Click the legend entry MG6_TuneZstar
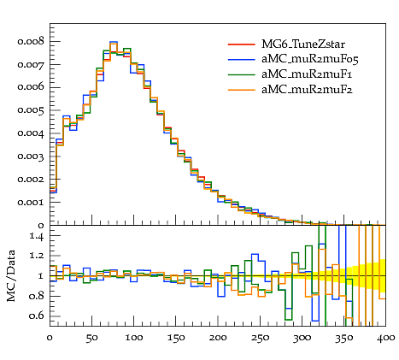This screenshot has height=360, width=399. coord(303,44)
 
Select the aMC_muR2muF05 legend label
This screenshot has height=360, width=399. coord(310,60)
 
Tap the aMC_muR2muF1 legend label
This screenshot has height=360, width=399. coord(307,74)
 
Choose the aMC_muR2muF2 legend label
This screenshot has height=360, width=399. coord(307,90)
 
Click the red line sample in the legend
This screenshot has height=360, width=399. coord(242,44)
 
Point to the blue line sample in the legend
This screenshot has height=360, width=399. coord(242,60)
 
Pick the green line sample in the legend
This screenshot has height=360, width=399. coord(242,74)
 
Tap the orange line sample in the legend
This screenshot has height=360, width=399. coord(242,90)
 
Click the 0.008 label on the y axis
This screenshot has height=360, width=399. coord(31,42)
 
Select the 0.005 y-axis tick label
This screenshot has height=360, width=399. coord(31,110)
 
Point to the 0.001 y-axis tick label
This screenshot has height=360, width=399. coord(31,203)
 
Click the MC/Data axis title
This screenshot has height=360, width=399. coord(11,276)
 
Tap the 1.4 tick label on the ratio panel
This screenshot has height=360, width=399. coord(37,237)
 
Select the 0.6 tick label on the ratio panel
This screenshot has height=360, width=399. coord(37,316)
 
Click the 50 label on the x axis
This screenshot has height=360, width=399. coord(91,338)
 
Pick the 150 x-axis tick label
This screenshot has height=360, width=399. coord(176,338)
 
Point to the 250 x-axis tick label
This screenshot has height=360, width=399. coord(260,338)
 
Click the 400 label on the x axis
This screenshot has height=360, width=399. coord(386,338)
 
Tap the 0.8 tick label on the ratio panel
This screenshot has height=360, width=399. coord(37,296)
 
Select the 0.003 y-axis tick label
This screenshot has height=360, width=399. coord(31,156)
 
